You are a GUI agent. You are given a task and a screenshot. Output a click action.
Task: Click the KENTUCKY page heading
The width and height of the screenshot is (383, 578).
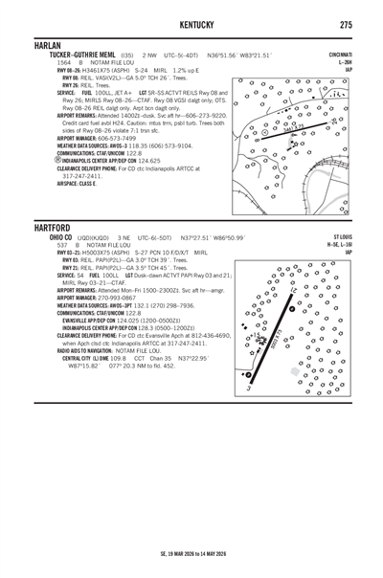click(191, 23)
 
